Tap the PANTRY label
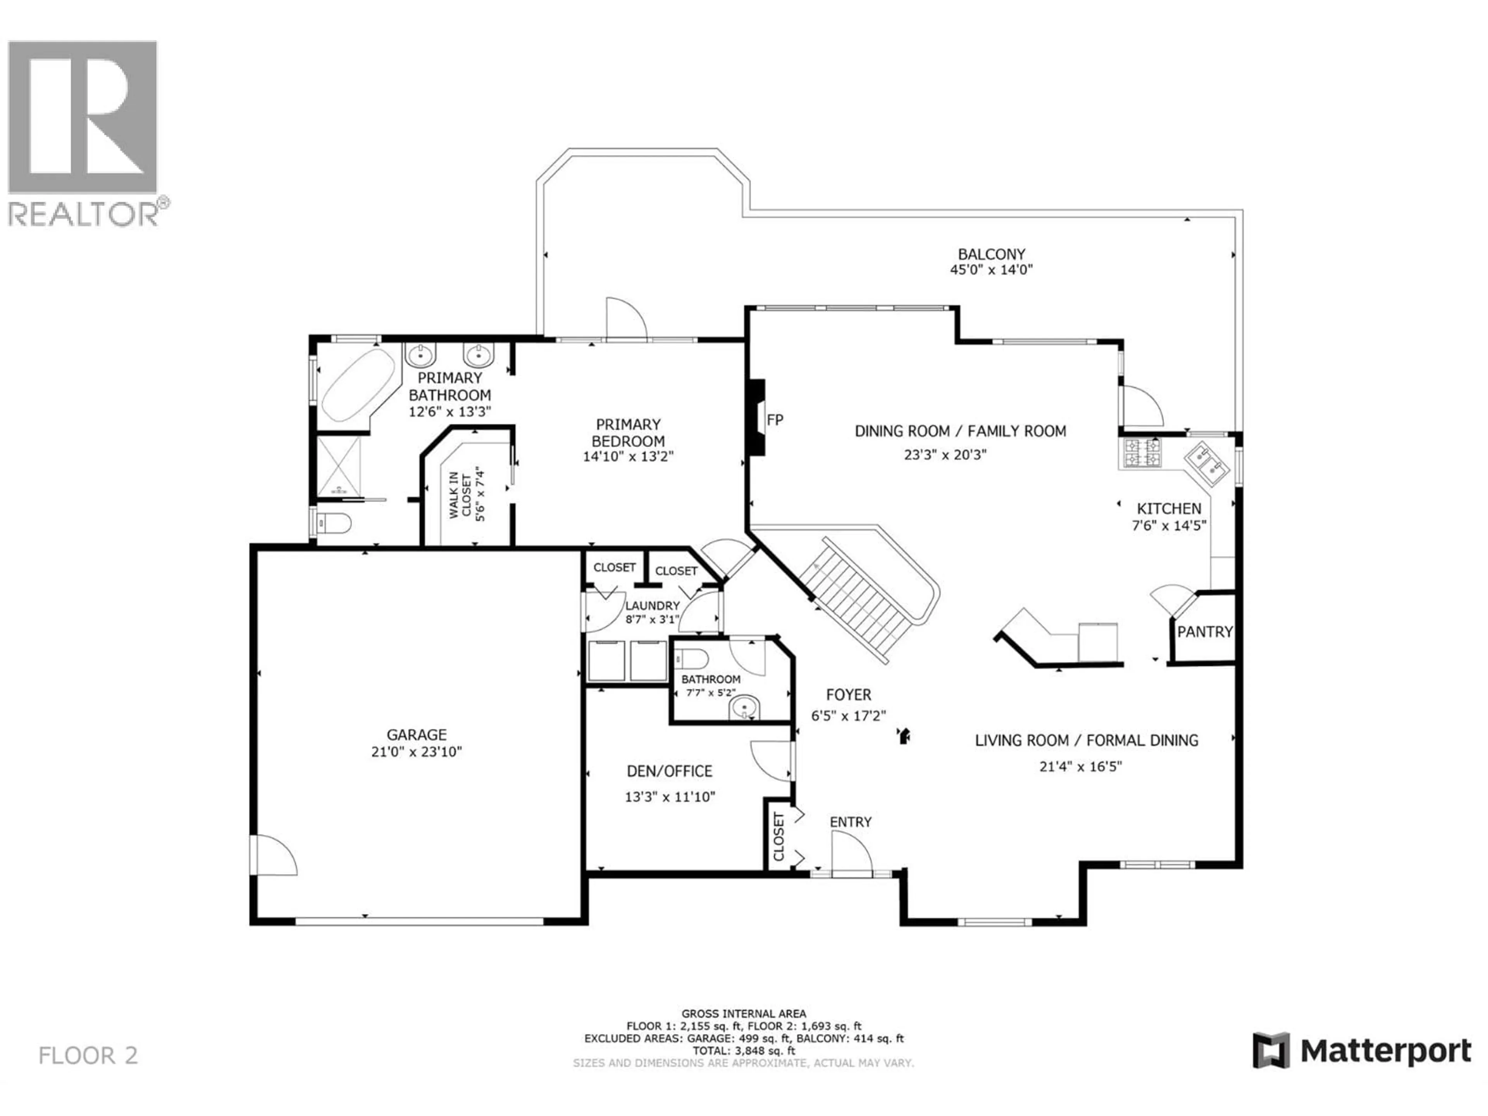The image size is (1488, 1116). coord(1205,632)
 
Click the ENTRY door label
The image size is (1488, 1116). coord(850,822)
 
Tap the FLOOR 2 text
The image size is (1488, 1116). coord(88,1056)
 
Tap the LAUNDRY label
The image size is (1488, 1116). coord(652,605)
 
